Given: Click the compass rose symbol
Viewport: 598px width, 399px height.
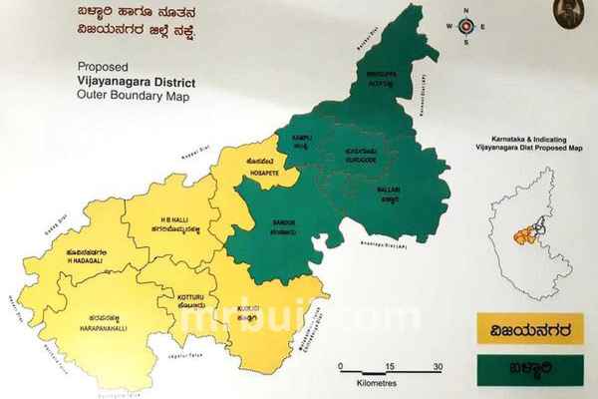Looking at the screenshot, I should (464, 27).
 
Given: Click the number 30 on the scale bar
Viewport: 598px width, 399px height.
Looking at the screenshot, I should (437, 366).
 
